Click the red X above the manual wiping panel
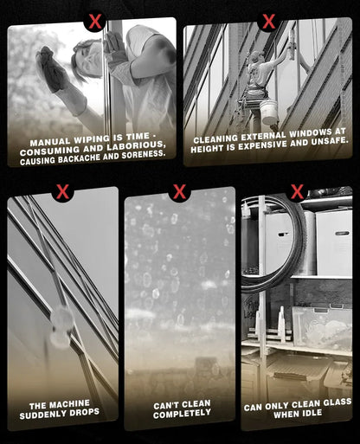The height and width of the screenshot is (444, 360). coord(95,22)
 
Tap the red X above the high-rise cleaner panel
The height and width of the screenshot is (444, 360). coord(268,21)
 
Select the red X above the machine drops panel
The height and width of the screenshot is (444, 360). coord(62,191)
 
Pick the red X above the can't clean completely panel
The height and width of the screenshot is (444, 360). coord(179,191)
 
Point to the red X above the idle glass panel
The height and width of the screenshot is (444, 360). coord(297,191)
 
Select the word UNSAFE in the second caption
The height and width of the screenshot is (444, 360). coord(330,141)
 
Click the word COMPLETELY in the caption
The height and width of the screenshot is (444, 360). coord(182,414)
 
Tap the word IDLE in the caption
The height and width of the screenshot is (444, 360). coord(312,413)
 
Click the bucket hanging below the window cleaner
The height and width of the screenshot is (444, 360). coord(268,112)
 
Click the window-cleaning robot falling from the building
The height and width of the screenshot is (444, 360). coord(61,327)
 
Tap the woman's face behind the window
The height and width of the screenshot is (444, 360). coord(90,59)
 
